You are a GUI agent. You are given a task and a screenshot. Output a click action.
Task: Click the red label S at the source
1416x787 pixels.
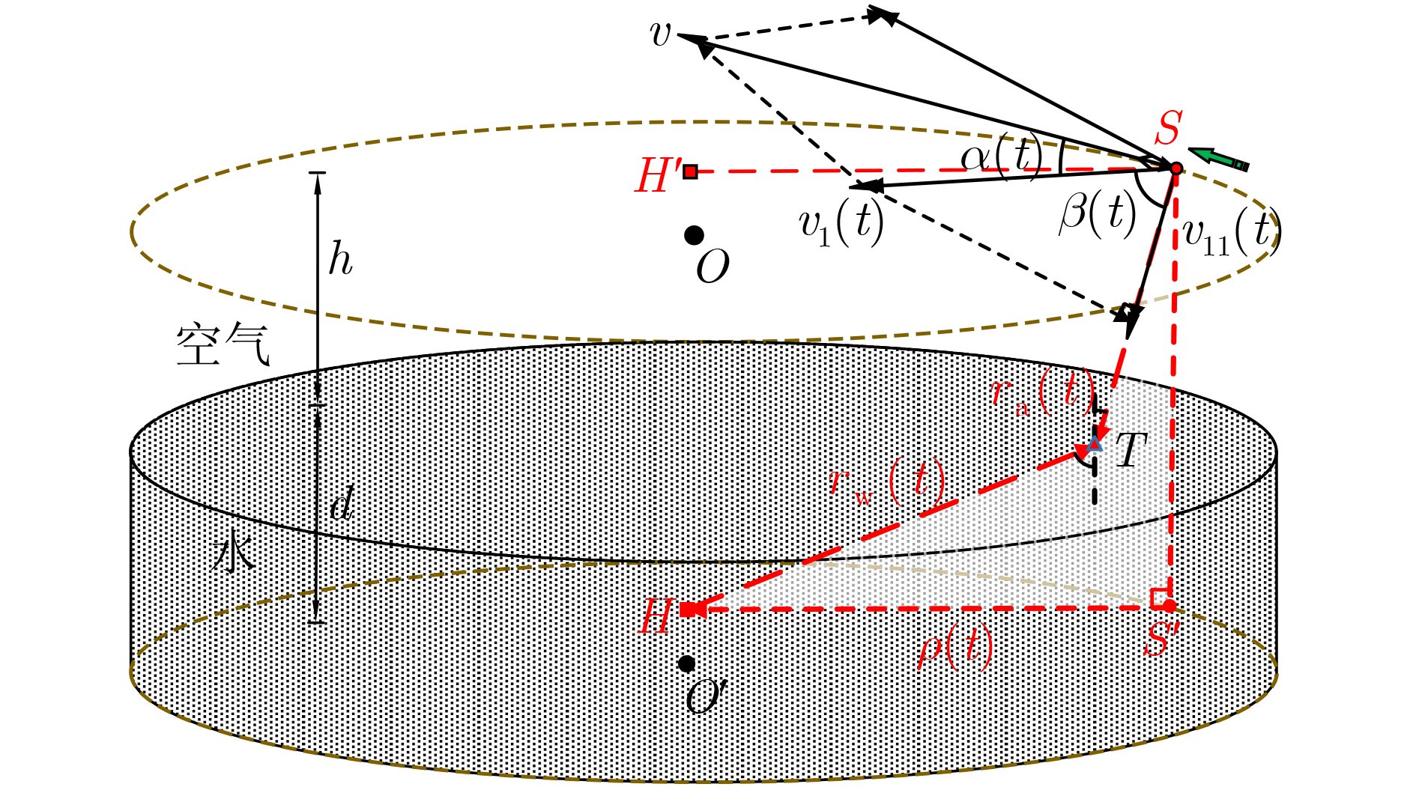[1168, 128]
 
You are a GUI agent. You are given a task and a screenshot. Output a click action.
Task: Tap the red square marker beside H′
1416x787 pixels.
[690, 171]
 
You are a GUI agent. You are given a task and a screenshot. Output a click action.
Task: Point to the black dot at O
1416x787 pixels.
[694, 235]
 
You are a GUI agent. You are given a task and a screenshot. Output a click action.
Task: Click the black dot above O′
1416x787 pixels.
[686, 663]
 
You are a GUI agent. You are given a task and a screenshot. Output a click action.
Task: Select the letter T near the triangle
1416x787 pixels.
[1131, 450]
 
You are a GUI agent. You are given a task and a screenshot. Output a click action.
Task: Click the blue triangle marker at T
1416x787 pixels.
[1095, 443]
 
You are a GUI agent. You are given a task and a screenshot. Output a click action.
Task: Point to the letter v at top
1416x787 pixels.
[660, 34]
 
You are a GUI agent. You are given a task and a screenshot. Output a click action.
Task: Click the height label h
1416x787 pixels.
[341, 259]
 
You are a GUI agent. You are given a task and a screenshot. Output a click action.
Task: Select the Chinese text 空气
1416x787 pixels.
[223, 344]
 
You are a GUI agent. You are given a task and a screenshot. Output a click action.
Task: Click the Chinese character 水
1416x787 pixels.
[234, 550]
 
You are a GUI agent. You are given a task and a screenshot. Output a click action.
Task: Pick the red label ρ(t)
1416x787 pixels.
[956, 648]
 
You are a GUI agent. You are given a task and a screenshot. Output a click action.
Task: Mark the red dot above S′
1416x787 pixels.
[1169, 605]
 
